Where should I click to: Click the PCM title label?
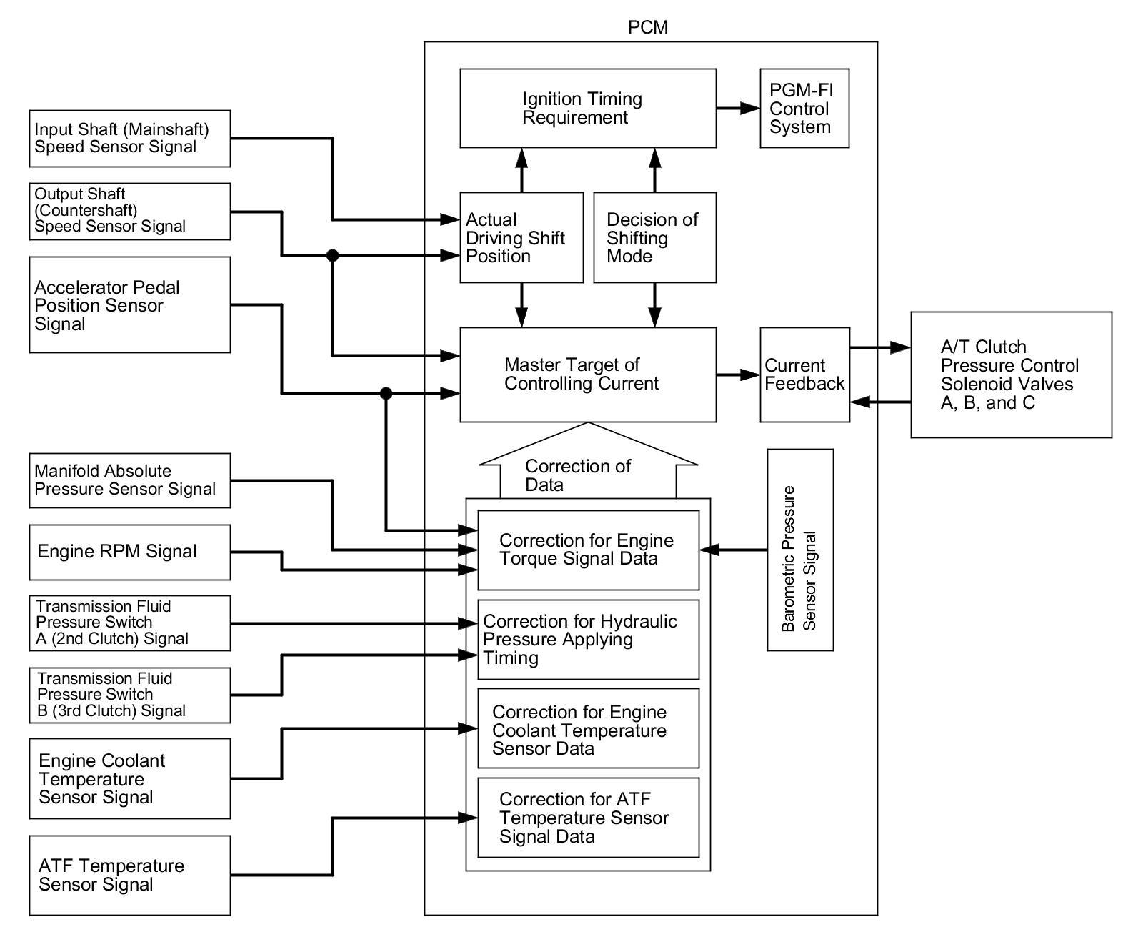click(647, 27)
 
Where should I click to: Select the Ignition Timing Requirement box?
click(587, 109)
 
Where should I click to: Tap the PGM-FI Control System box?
click(804, 109)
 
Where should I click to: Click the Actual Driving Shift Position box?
click(521, 237)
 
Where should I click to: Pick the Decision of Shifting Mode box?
click(654, 237)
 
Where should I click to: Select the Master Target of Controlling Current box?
click(587, 375)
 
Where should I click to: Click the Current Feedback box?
click(804, 375)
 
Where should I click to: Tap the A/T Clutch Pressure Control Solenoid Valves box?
click(1010, 375)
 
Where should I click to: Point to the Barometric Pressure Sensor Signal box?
click(799, 550)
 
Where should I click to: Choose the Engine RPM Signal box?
click(129, 552)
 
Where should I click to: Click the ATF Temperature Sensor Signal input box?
click(129, 875)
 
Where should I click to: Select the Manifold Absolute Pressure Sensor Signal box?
click(129, 480)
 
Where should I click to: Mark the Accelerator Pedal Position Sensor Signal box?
click(129, 305)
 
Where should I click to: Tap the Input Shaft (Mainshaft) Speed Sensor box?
click(129, 138)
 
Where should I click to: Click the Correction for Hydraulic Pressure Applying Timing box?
click(588, 639)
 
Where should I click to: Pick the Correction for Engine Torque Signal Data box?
click(588, 550)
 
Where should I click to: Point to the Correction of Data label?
click(577, 475)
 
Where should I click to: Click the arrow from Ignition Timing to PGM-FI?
click(738, 109)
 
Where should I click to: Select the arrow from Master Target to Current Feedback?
click(738, 375)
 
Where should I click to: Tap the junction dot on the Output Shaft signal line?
click(332, 255)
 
